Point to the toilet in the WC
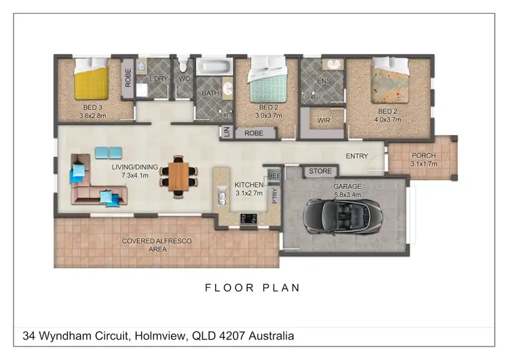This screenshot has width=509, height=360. point(183,69)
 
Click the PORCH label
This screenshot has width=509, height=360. point(424,156)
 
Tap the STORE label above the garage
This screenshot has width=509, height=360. point(320,171)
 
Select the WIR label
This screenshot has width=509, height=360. point(324,122)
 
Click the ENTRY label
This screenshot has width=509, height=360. point(357,156)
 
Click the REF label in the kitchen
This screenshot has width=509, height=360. point(274,176)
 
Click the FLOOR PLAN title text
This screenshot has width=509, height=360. point(252,288)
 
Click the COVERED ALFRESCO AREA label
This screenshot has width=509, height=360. point(156,245)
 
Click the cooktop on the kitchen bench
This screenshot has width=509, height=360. point(247,218)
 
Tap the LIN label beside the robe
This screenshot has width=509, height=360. point(226,132)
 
